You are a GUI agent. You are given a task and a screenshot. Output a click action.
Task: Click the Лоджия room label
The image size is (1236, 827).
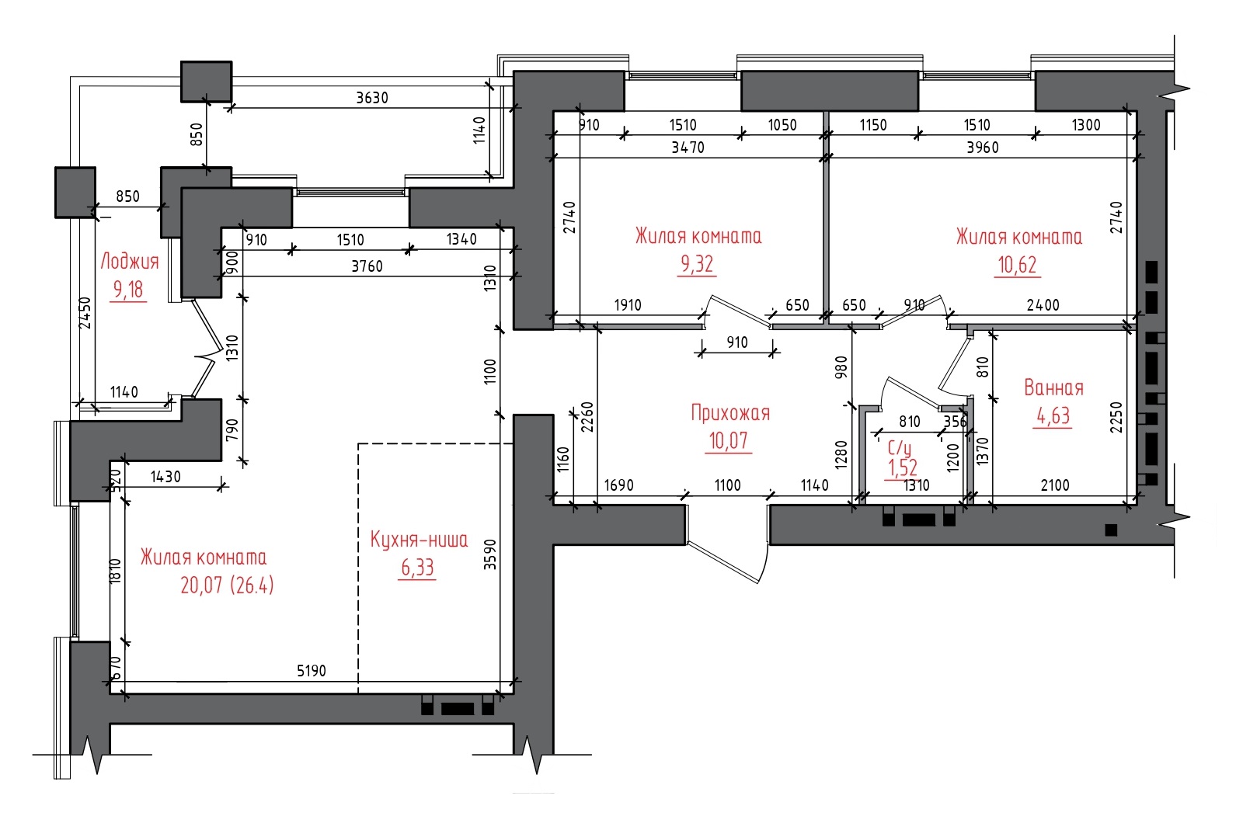[130, 262]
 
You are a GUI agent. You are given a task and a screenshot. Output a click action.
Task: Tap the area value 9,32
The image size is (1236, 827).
[697, 264]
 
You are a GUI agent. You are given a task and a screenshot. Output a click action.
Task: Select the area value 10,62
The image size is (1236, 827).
[1018, 266]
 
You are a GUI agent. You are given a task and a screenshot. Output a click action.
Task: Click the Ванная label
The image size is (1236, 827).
[1053, 387]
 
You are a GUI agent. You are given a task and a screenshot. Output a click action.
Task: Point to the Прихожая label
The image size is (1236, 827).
[730, 413]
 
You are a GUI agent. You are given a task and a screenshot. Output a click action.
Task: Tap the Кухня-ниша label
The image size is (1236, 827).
[419, 540]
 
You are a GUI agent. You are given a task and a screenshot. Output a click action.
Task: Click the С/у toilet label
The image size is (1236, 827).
[900, 447]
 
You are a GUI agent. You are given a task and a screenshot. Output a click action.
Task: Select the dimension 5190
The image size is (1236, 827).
[312, 671]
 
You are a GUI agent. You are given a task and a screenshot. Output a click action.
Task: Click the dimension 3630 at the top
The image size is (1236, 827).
[372, 98]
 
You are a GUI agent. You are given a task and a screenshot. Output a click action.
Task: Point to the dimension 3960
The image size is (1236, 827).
[983, 148]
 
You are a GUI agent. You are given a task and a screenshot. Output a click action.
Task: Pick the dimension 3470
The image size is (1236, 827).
[688, 148]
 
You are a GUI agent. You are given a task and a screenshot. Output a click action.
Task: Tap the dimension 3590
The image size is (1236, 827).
[490, 554]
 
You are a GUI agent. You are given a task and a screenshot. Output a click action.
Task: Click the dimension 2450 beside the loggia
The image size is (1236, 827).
[85, 314]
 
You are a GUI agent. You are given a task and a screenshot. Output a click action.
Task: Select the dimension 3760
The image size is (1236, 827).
[367, 266]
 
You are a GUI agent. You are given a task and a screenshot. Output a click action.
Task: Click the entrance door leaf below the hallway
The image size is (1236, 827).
[723, 562]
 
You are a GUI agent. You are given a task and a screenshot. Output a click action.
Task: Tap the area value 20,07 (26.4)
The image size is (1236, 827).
[228, 585]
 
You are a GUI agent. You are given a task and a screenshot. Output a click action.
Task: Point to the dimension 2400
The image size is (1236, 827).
[1043, 305]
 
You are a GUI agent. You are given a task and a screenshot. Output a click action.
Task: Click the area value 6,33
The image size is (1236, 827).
[418, 568]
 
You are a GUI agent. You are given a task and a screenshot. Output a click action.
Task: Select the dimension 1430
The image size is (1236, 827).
[165, 477]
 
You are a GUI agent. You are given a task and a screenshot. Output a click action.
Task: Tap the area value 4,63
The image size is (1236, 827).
[1053, 416]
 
